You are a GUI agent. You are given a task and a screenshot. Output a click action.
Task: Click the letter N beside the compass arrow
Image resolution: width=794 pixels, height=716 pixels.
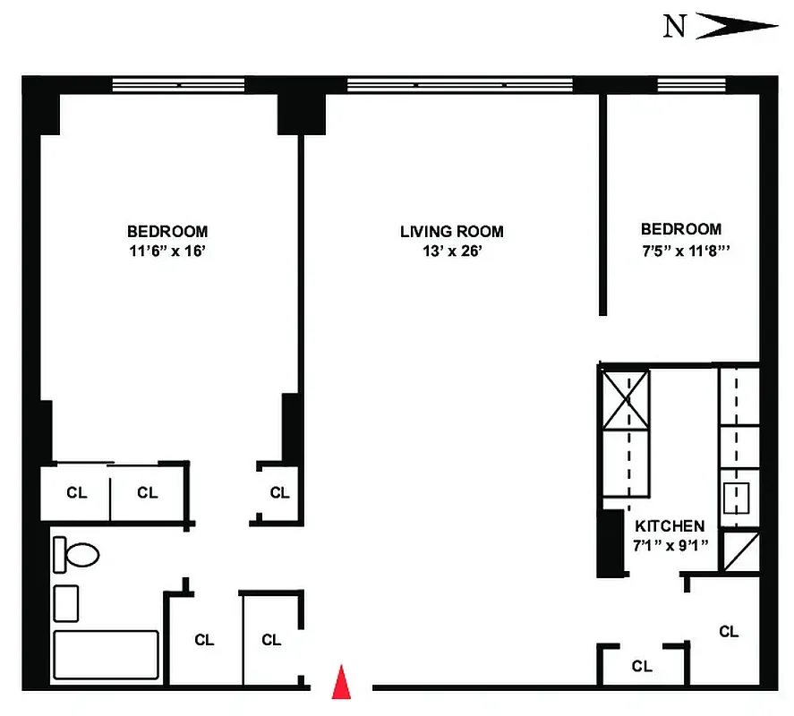(x=675, y=27)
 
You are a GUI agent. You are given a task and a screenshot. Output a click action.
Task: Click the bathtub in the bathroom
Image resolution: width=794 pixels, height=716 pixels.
(x=107, y=654)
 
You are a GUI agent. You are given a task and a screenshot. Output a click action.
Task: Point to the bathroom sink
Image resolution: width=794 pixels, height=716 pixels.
(x=66, y=602)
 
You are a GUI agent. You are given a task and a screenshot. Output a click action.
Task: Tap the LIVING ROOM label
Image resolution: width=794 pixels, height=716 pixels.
(x=451, y=232)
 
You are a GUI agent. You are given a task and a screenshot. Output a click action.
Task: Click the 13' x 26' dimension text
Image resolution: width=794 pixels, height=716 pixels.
(x=452, y=251)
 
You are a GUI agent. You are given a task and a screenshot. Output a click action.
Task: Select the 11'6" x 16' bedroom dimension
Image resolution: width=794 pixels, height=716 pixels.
(x=167, y=251)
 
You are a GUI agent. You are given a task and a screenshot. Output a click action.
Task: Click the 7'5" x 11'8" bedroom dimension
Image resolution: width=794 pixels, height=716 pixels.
(x=681, y=251)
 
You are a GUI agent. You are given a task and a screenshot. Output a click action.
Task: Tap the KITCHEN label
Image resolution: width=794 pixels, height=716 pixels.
(x=670, y=526)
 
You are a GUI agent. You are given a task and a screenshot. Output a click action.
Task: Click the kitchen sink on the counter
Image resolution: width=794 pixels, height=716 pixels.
(x=737, y=497)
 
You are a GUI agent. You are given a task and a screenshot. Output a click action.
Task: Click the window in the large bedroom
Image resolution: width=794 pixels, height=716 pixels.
(x=178, y=85)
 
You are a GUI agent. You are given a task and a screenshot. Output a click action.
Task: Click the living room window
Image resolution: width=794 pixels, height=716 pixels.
(x=459, y=85)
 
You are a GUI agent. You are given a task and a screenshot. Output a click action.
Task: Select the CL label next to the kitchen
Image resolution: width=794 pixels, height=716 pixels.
(x=729, y=631)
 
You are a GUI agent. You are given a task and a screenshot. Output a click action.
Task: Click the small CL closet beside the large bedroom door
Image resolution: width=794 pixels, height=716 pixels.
(x=279, y=492)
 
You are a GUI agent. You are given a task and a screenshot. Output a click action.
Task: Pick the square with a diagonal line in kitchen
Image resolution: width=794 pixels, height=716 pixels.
(x=740, y=551)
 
